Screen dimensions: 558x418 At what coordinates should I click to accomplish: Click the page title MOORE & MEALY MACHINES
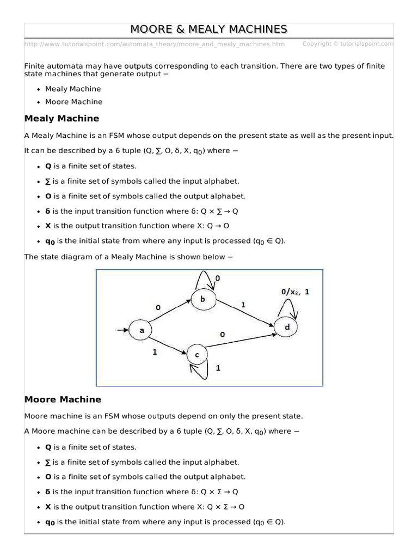[x=209, y=29]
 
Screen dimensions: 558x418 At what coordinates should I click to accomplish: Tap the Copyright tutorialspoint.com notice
[x=347, y=44]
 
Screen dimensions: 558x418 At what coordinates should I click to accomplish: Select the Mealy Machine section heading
[x=62, y=118]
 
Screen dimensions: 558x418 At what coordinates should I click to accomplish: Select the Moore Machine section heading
[x=63, y=399]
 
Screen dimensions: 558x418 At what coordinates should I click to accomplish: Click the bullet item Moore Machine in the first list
[x=73, y=102]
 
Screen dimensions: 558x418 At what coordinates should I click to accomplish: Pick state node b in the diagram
[x=202, y=299]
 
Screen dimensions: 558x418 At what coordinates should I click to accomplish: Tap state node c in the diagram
[x=197, y=355]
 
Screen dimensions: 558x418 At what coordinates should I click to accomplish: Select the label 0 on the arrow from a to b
[x=158, y=308]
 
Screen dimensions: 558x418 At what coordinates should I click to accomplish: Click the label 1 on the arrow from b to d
[x=243, y=305]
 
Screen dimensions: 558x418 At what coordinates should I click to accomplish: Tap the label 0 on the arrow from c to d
[x=223, y=334]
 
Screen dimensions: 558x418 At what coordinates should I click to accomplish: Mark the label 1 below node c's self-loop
[x=218, y=368]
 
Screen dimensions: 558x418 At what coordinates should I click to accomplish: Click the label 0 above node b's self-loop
[x=218, y=278]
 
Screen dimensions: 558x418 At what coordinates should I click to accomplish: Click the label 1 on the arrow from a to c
[x=155, y=353]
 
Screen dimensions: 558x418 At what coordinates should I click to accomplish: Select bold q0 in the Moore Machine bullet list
[x=50, y=522]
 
